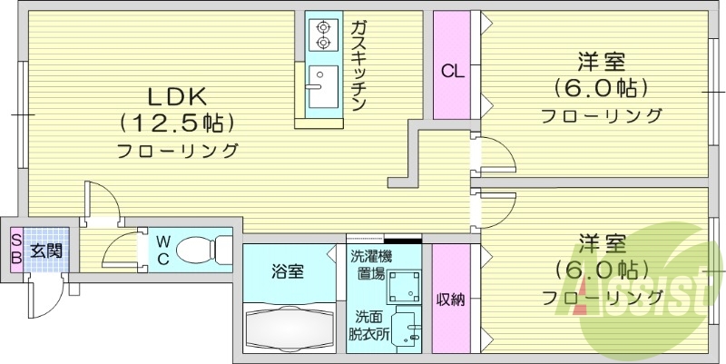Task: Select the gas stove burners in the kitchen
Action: click(x=322, y=34)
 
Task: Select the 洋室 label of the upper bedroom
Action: click(x=603, y=63)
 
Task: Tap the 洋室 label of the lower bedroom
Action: click(x=603, y=244)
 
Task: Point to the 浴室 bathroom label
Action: click(x=288, y=271)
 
